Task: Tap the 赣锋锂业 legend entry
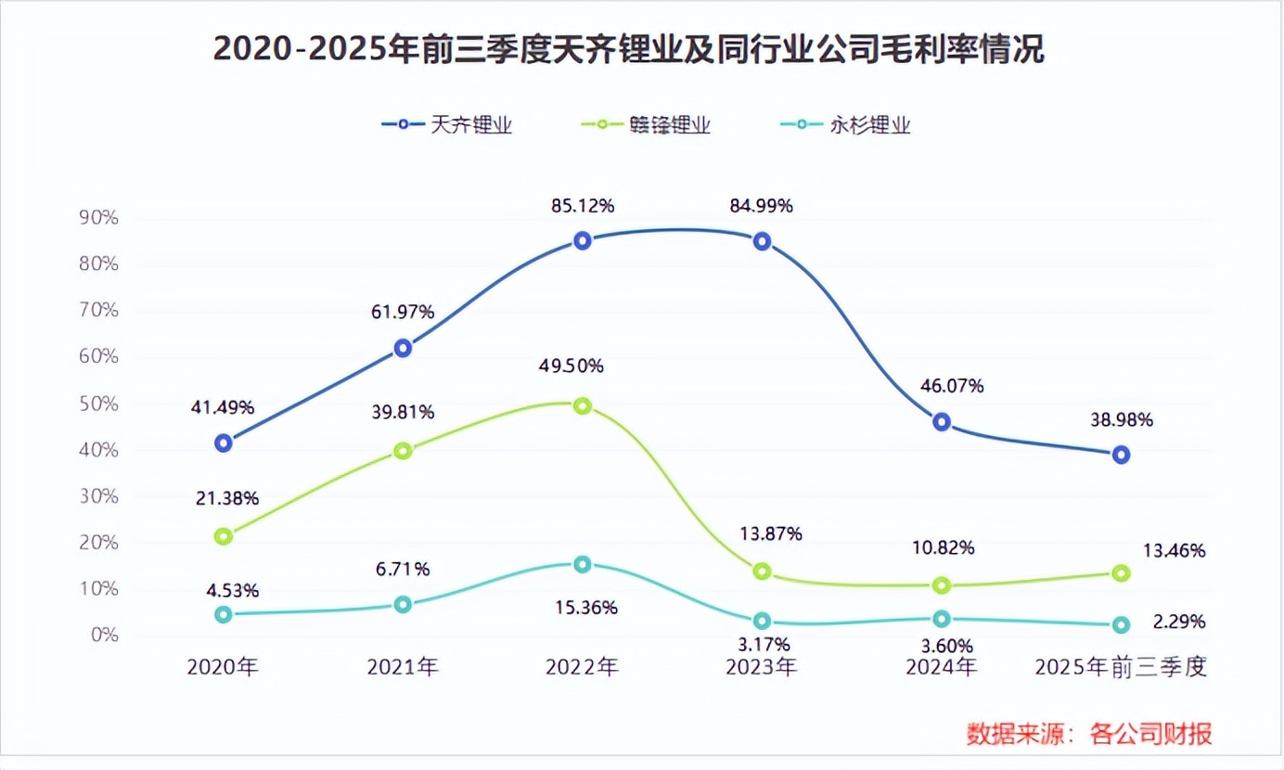click(646, 125)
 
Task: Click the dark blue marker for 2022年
click(582, 240)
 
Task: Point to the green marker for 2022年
click(582, 405)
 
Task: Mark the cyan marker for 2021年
click(403, 604)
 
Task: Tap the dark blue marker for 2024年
click(942, 421)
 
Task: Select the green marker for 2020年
click(223, 536)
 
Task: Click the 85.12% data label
click(581, 206)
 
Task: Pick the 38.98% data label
click(1121, 419)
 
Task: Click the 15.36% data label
click(585, 608)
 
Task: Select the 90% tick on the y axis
click(99, 218)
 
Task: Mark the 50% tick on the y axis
click(99, 404)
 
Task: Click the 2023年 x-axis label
click(761, 666)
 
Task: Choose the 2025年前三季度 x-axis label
click(1121, 666)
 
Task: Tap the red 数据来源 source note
click(1089, 734)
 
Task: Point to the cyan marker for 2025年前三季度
click(1121, 625)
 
